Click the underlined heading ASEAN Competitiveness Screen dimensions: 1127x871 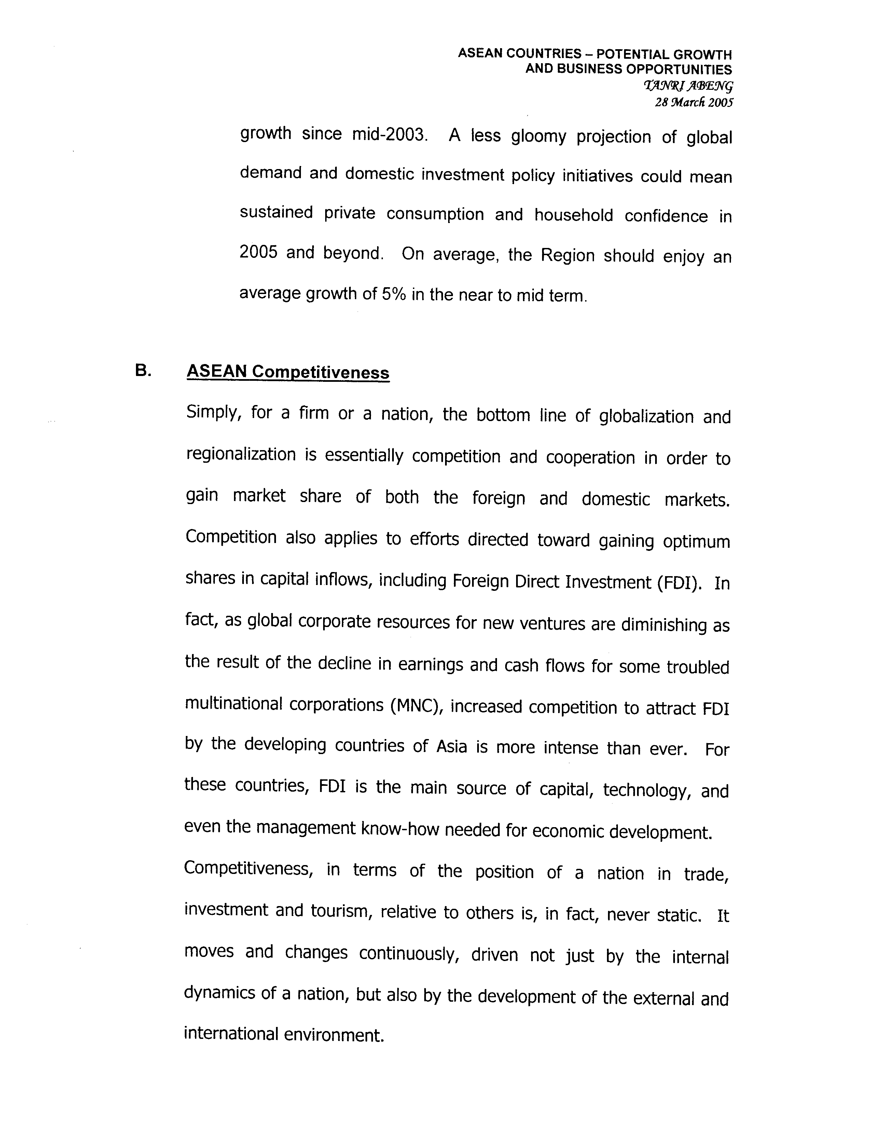click(x=288, y=372)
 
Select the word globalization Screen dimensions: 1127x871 click(x=646, y=416)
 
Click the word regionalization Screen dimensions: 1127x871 click(x=241, y=455)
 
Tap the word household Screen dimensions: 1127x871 click(x=573, y=215)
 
